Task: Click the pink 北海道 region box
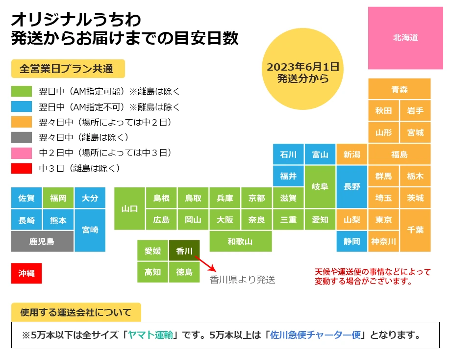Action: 405,38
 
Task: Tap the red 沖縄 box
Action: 26,273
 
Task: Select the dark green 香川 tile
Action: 184,251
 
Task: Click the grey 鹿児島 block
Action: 42,241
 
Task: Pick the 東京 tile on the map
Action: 384,219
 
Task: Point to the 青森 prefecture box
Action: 400,89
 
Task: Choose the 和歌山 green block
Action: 240,241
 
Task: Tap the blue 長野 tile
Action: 352,187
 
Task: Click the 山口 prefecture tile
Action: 129,208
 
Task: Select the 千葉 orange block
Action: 415,230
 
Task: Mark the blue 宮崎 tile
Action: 90,230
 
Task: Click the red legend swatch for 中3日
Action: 22,168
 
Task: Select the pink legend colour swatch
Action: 22,153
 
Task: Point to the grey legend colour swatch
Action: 22,137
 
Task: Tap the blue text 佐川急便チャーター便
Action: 315,336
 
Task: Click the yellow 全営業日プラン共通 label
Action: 66,69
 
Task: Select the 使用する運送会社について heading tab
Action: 76,312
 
